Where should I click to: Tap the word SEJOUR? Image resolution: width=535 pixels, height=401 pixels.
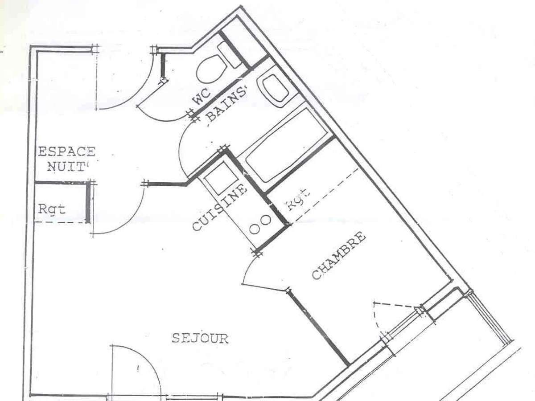click(200, 339)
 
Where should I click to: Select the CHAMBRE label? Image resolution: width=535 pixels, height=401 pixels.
click(339, 256)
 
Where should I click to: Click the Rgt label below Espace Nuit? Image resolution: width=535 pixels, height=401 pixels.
click(52, 209)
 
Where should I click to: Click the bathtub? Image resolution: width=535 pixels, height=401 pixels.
click(285, 145)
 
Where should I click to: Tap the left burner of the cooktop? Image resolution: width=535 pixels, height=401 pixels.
click(255, 229)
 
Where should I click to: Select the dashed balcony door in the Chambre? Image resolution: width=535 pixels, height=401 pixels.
click(392, 312)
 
